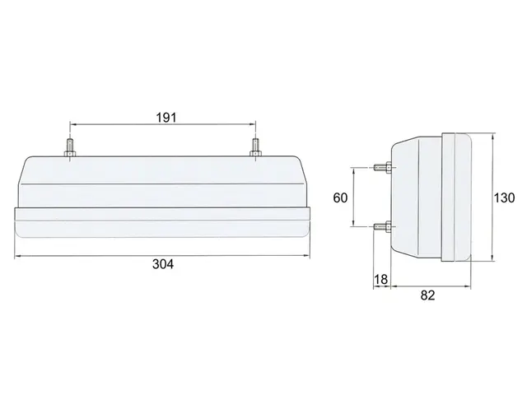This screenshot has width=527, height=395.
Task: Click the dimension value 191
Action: [x=166, y=118]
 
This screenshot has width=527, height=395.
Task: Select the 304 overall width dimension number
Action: [x=163, y=264]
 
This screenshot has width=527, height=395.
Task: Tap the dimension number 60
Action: [x=340, y=197]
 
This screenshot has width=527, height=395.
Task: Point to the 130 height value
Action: [x=504, y=197]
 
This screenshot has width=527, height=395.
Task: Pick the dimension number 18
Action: [x=380, y=279]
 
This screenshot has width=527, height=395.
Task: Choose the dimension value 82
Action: [x=427, y=295]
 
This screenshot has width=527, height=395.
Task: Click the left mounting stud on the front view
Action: [x=70, y=148]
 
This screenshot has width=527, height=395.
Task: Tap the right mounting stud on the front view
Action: [x=255, y=148]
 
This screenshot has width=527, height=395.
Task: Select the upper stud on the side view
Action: [x=382, y=166]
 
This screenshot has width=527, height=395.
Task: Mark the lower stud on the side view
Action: [x=382, y=226]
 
